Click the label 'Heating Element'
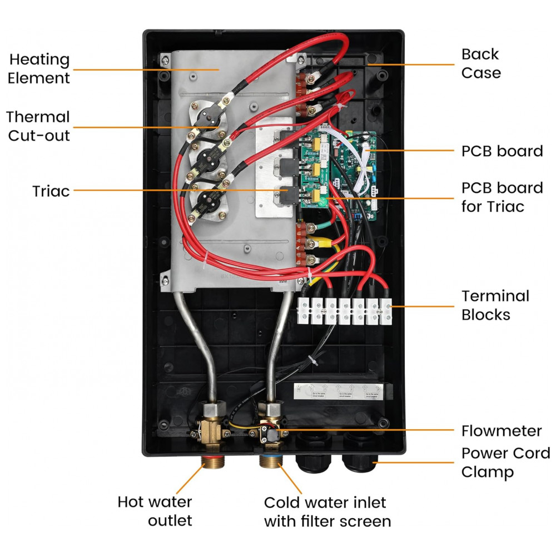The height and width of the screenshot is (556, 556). pos(39,68)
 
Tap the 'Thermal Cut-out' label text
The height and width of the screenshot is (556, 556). pos(38,126)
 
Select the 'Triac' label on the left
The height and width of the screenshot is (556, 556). pos(51,191)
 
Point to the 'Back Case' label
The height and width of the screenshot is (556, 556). pos(481,63)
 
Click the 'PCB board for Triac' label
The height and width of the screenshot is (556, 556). pos(502,197)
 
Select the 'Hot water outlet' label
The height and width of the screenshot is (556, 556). pos(155,511)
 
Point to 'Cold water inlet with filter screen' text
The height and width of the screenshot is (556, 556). pos(327,512)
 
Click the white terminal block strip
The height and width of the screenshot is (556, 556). pos(345,310)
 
